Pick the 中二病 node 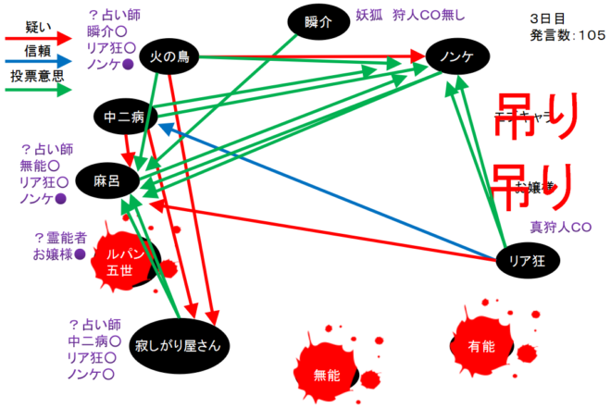point(122,117)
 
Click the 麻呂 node point(108,181)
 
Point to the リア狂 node point(528,260)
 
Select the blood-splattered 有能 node point(482,345)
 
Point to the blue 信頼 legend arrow point(36,65)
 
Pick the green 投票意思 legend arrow point(36,91)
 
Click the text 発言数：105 point(567,35)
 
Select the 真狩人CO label point(560,227)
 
